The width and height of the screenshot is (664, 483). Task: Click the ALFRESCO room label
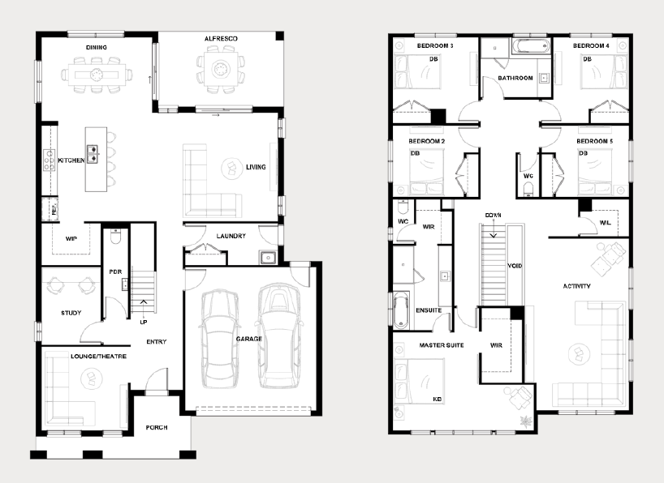[221, 38]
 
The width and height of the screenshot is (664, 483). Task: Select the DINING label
[96, 47]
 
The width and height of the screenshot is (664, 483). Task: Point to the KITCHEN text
[71, 160]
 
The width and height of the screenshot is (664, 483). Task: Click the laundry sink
[268, 257]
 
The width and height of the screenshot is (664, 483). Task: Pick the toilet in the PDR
[115, 237]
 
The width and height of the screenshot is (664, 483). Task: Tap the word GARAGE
[249, 339]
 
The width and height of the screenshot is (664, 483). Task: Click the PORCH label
[157, 428]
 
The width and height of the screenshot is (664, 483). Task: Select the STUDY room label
[71, 313]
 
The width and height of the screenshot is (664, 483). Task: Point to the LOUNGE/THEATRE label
[98, 356]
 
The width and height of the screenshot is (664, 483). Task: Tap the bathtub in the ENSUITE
[402, 310]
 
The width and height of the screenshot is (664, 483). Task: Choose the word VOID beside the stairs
[515, 266]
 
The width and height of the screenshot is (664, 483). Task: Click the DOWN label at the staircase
[493, 216]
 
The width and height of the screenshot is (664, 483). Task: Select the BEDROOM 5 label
[594, 141]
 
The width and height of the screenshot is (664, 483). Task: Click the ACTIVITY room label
[577, 286]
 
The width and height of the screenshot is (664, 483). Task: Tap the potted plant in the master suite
[526, 421]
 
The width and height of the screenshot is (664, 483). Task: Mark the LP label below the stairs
[144, 323]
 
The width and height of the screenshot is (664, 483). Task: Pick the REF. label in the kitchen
[54, 209]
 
